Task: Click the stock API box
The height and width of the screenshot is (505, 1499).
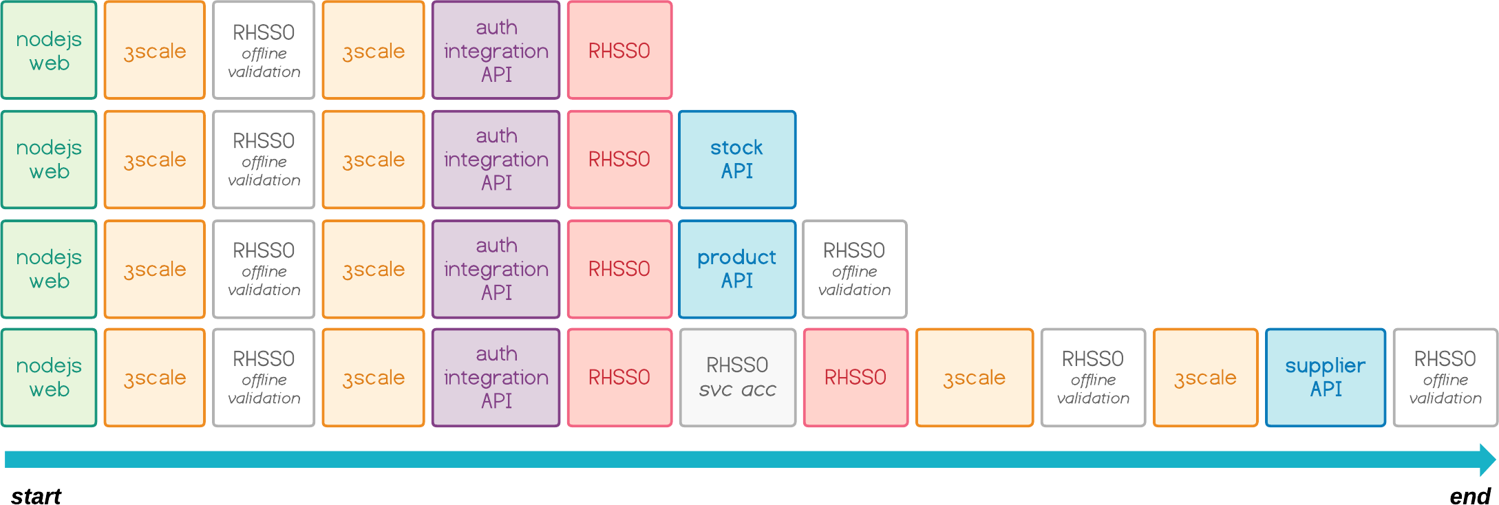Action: (x=737, y=160)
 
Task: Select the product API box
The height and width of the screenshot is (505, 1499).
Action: (x=737, y=269)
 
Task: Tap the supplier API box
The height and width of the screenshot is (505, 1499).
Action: (x=1326, y=378)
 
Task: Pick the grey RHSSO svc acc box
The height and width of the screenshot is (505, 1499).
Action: (x=737, y=378)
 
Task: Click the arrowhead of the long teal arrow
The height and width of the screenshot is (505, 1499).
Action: (x=1487, y=460)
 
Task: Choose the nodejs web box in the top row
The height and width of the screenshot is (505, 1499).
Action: (x=49, y=50)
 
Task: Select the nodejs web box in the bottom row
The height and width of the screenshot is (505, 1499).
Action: (x=49, y=378)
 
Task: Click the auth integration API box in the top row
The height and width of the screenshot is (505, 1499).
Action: (x=496, y=50)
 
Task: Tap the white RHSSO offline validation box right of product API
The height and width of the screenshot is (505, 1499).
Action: (x=854, y=269)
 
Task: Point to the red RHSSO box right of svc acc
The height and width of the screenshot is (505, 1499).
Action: (x=855, y=378)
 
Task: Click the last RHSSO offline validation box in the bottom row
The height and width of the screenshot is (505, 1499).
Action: (x=1445, y=378)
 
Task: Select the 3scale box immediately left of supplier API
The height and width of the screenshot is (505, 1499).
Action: (x=1205, y=378)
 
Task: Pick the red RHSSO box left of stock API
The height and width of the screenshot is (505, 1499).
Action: (x=619, y=160)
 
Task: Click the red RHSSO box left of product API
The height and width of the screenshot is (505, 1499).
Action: (x=619, y=269)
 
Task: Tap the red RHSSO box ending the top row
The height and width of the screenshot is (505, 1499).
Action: (x=619, y=50)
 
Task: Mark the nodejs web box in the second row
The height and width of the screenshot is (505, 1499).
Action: (x=49, y=160)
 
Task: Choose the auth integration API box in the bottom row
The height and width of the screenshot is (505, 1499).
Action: (x=496, y=378)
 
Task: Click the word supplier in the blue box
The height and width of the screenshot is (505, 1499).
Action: (x=1325, y=366)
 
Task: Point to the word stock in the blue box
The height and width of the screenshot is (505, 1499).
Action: (x=736, y=148)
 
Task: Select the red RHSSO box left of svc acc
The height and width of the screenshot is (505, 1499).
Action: (x=619, y=378)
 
